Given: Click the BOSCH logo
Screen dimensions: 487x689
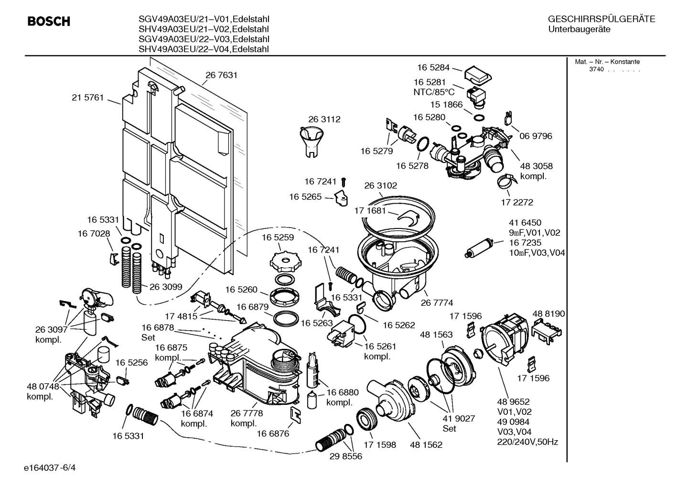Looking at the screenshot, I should (49, 22).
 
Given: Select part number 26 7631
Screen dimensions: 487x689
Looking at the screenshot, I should (221, 75).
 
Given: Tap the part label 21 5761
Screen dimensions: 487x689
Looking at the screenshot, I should (87, 97).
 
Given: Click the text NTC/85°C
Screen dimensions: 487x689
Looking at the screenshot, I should (434, 92).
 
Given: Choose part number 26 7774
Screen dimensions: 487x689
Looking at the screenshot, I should (437, 303).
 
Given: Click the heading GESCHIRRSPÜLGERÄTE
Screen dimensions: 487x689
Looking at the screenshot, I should (601, 20).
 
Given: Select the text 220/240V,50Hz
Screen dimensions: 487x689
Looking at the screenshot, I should (528, 442).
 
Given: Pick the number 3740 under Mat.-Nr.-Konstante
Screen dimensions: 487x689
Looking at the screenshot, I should (596, 69).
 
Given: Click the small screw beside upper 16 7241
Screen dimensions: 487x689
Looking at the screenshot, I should (344, 182).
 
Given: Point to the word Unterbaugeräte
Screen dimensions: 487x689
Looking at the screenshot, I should (579, 30).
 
